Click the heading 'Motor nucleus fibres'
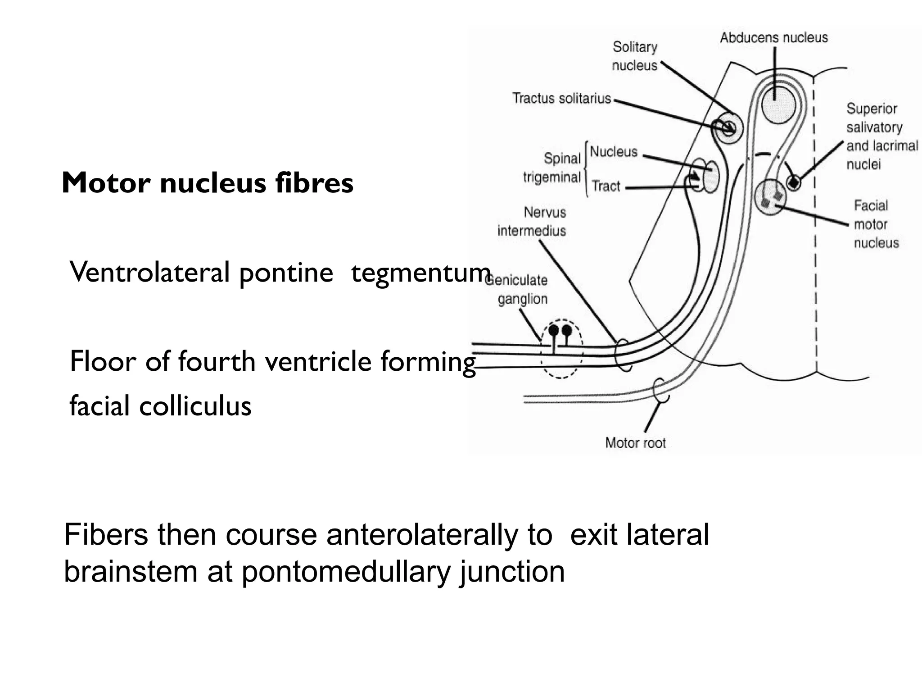[208, 183]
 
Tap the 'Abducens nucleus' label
[773, 38]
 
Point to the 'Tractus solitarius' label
[561, 98]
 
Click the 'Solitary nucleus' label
[635, 56]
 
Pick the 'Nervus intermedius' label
[532, 221]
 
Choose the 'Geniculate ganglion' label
[518, 289]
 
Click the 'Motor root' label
[635, 443]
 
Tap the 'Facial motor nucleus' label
[876, 224]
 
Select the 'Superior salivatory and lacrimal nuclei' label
[881, 136]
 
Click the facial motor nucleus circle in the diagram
[770, 197]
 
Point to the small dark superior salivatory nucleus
[793, 183]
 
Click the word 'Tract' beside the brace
[606, 186]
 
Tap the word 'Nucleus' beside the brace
[614, 152]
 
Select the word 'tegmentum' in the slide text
[420, 273]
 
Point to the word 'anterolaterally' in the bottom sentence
[439, 535]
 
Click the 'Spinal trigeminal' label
[552, 168]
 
